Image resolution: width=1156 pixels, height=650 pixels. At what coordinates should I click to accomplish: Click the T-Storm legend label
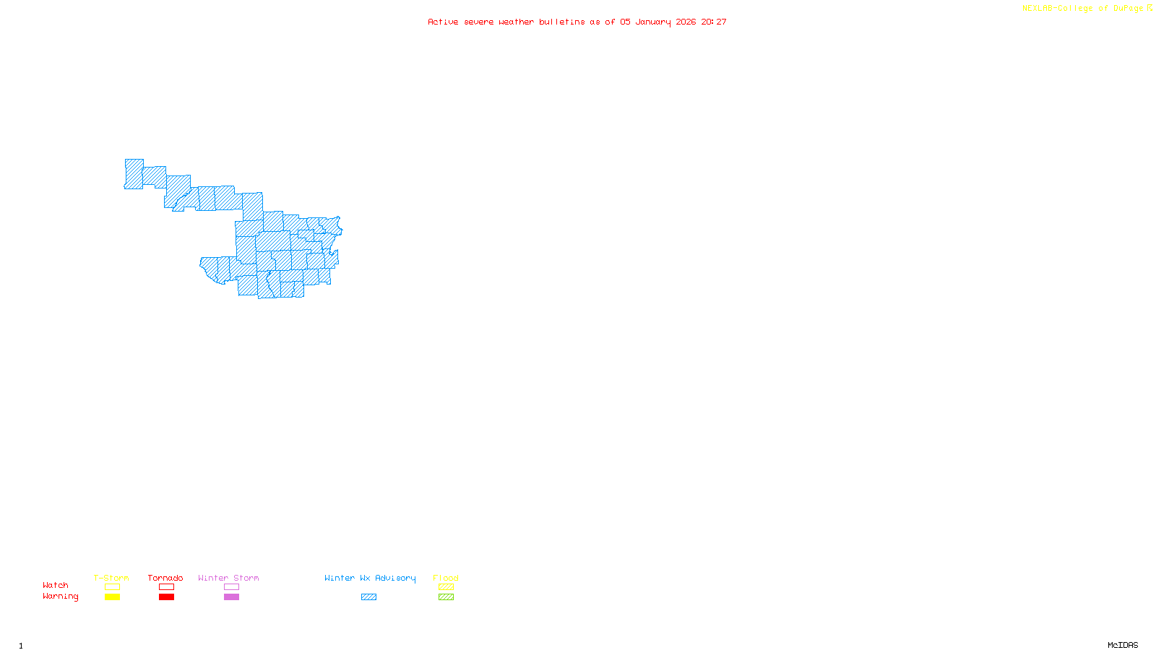(111, 578)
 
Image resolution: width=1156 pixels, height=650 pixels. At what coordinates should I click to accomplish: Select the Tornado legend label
(165, 578)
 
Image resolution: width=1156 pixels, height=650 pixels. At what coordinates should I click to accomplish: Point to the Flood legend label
(446, 578)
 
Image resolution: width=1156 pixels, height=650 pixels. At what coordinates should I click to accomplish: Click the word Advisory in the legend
(395, 578)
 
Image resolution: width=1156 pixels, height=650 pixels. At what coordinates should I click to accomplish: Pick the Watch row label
(56, 585)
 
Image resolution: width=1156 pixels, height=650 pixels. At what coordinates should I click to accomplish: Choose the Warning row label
(60, 597)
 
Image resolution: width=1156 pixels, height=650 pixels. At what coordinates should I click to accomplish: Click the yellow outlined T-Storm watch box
(112, 587)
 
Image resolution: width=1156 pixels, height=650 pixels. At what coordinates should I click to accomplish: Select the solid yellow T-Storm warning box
(112, 597)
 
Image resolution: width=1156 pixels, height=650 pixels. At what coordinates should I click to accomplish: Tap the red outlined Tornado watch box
(166, 587)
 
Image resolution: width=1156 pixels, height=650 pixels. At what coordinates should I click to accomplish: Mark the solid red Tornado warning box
(166, 597)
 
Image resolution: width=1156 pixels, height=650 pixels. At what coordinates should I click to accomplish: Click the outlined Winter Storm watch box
(231, 587)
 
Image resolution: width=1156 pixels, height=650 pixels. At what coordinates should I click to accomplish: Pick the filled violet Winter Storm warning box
(231, 597)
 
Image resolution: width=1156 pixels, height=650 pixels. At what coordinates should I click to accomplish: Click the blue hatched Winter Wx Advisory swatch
(368, 597)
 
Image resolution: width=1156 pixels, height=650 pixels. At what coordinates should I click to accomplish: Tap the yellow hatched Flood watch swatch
(446, 587)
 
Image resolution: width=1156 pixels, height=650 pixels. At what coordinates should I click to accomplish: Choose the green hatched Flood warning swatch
(446, 597)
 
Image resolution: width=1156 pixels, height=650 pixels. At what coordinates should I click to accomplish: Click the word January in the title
(653, 22)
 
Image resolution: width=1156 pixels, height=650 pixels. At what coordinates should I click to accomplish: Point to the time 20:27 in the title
(714, 22)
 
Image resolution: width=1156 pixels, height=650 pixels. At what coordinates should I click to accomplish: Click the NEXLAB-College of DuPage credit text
(1083, 9)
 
